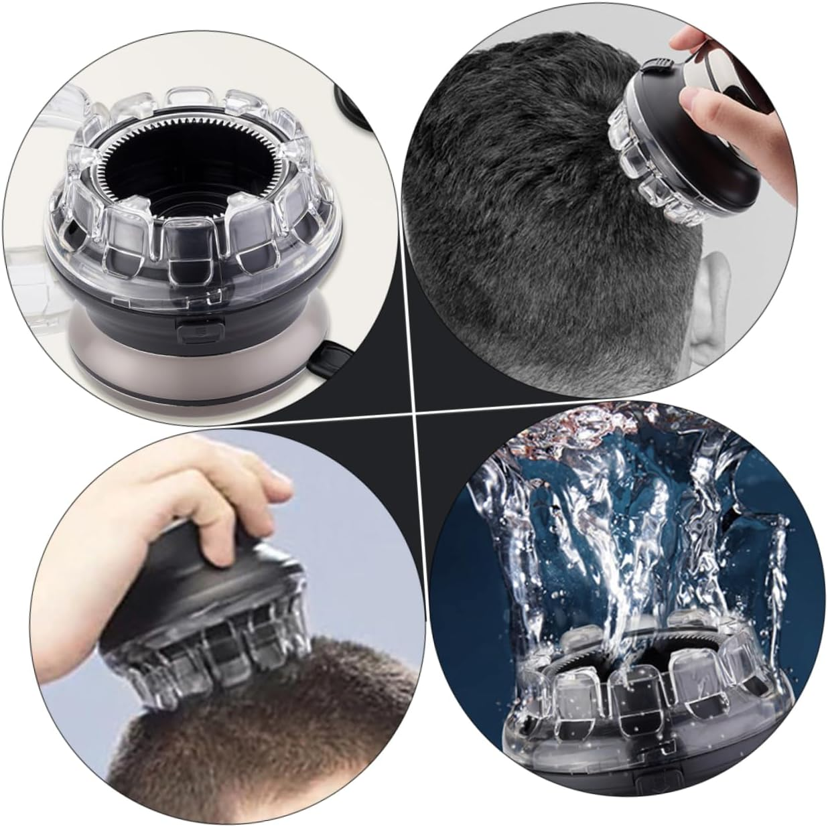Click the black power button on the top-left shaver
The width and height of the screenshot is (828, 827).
(x=200, y=329)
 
